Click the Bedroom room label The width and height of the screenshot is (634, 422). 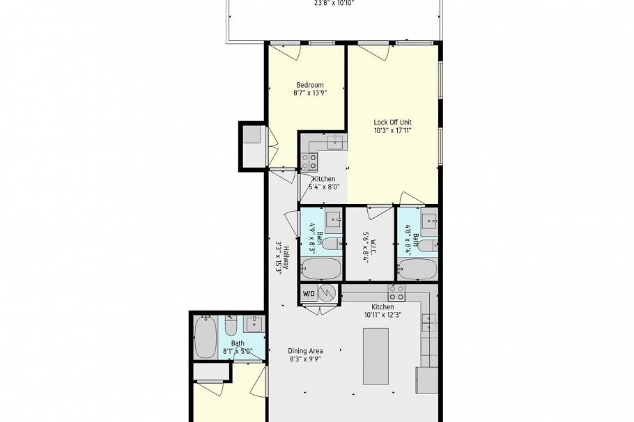[310, 85]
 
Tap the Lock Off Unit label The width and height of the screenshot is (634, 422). [393, 122]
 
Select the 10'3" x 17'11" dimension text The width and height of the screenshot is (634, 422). [393, 130]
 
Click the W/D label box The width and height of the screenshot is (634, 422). [309, 294]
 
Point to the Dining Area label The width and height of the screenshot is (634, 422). [305, 351]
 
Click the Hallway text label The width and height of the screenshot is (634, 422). [286, 258]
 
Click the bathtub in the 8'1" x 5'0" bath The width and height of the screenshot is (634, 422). [206, 338]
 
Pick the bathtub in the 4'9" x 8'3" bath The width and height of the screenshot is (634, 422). [321, 269]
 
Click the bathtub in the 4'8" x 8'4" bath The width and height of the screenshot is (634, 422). [418, 269]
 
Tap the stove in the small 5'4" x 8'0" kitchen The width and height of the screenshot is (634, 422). [309, 162]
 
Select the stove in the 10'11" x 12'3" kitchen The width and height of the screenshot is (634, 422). [396, 292]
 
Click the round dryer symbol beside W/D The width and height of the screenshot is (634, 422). [326, 292]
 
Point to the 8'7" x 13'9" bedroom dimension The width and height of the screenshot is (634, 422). [310, 93]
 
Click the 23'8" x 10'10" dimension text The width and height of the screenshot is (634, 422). [334, 3]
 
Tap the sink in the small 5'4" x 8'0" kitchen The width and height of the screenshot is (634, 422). [335, 142]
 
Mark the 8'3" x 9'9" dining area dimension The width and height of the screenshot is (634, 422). [305, 359]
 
